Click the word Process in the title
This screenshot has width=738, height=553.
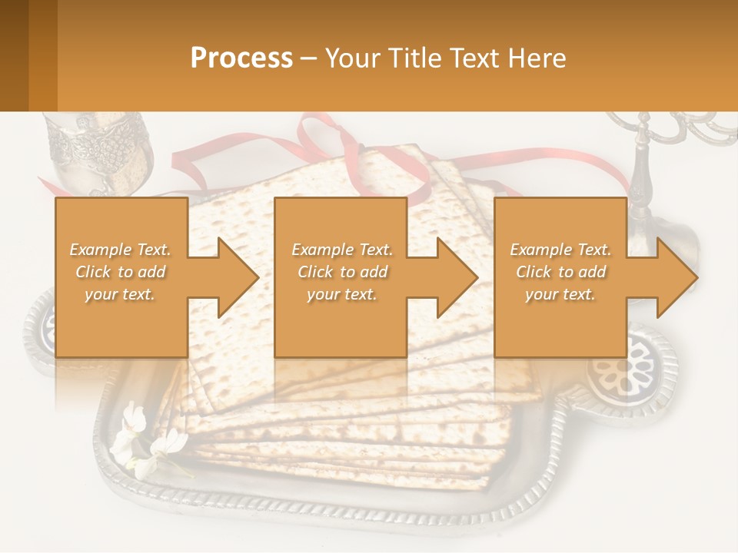tap(241, 58)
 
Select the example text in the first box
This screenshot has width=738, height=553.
tap(120, 271)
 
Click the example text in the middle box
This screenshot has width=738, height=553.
tap(341, 271)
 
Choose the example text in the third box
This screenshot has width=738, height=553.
tap(560, 271)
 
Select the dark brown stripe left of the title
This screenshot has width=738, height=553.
tap(14, 55)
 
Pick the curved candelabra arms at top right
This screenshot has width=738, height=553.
tap(676, 127)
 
